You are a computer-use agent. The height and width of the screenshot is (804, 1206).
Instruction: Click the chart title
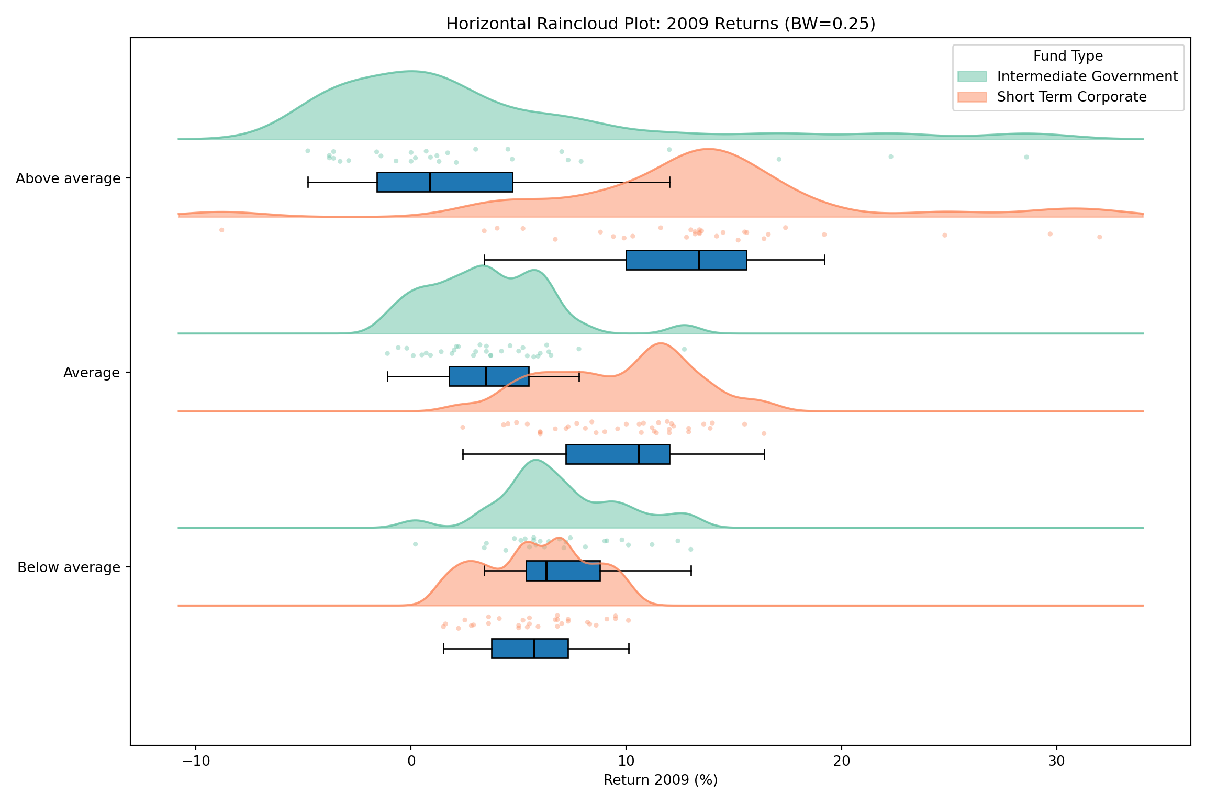661,24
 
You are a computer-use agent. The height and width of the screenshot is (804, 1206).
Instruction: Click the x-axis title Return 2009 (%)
661,780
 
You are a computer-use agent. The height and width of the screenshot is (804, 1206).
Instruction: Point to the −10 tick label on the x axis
195,761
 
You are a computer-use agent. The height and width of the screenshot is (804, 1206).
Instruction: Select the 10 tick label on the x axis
626,761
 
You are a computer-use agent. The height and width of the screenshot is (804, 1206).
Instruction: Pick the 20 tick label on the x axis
842,761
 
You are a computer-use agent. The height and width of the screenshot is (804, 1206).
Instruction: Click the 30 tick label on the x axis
1057,761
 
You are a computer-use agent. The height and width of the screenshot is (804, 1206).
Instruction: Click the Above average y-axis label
68,178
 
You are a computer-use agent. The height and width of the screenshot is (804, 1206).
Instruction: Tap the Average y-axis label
92,373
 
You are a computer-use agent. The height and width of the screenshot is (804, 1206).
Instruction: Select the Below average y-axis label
69,567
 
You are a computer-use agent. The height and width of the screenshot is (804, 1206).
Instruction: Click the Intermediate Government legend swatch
972,76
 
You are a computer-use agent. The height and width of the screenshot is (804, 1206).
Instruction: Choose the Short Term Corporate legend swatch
972,97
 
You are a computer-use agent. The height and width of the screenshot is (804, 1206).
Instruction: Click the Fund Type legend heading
1068,56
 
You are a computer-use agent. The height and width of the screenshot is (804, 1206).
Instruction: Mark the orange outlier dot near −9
221,230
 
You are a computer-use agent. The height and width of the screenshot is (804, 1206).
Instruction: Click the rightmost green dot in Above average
1026,157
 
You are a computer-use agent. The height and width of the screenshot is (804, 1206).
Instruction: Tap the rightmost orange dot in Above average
1100,237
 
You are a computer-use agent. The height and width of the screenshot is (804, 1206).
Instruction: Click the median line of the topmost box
430,182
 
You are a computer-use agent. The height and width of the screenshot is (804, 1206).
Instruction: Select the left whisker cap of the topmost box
308,182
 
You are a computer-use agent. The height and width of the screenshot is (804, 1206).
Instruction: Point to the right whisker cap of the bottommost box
629,649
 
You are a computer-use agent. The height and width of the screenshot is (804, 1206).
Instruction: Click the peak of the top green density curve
412,71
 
